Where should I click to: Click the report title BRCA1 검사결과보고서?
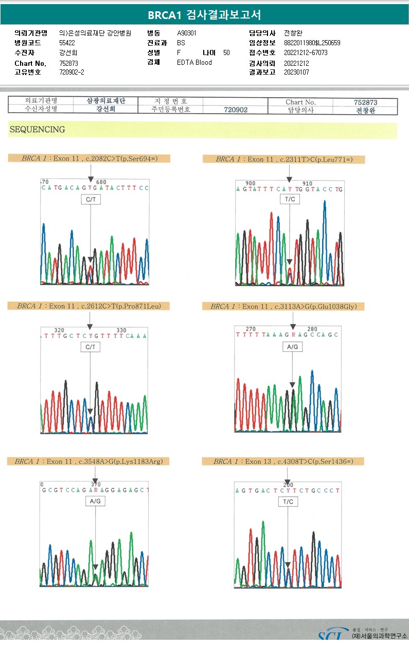(x=204, y=15)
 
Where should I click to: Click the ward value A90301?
(x=187, y=33)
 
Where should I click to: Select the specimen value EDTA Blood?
(x=194, y=62)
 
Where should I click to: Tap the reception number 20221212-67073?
(x=306, y=52)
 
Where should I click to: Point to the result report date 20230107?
(x=296, y=73)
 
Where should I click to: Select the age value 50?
(x=227, y=52)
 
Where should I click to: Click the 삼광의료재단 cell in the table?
(x=106, y=101)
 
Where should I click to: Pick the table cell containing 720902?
(x=236, y=110)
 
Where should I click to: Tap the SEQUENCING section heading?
(x=37, y=130)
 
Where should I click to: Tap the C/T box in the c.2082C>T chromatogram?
(x=90, y=200)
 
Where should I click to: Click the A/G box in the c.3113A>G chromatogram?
(x=292, y=347)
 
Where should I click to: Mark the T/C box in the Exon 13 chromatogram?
(x=288, y=502)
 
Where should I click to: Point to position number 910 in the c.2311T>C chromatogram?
(x=308, y=184)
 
